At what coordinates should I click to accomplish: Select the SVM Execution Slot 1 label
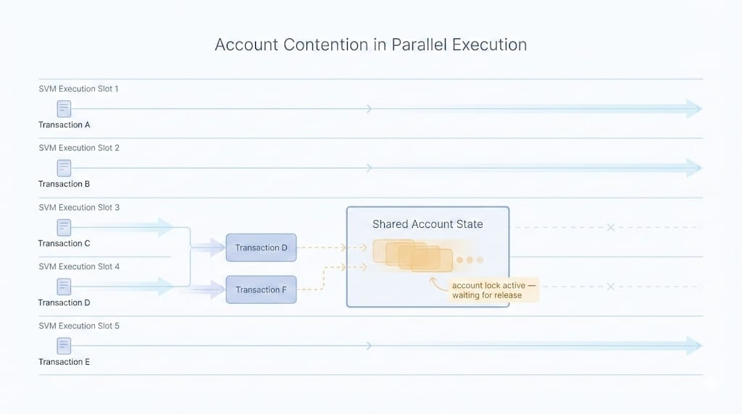click(x=78, y=88)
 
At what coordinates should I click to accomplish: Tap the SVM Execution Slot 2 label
click(x=78, y=148)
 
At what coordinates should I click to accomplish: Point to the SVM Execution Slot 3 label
click(x=78, y=207)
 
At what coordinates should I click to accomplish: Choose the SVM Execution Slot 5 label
click(x=78, y=326)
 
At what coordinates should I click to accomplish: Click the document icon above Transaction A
click(x=64, y=109)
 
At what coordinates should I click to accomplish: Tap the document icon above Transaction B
click(x=64, y=168)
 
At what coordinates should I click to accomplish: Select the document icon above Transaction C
click(x=64, y=227)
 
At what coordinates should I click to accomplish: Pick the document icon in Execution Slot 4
click(x=64, y=287)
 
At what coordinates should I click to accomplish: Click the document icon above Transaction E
click(x=64, y=346)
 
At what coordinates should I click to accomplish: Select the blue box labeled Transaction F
click(x=261, y=290)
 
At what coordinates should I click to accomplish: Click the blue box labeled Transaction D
click(x=261, y=248)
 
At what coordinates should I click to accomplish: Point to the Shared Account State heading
click(x=428, y=224)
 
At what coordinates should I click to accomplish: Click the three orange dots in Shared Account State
click(x=470, y=260)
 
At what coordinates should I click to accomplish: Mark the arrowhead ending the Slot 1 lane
click(x=694, y=109)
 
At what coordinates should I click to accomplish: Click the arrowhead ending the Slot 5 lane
click(x=694, y=346)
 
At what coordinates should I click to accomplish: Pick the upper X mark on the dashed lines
click(x=610, y=227)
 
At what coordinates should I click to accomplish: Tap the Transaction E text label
click(x=64, y=362)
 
